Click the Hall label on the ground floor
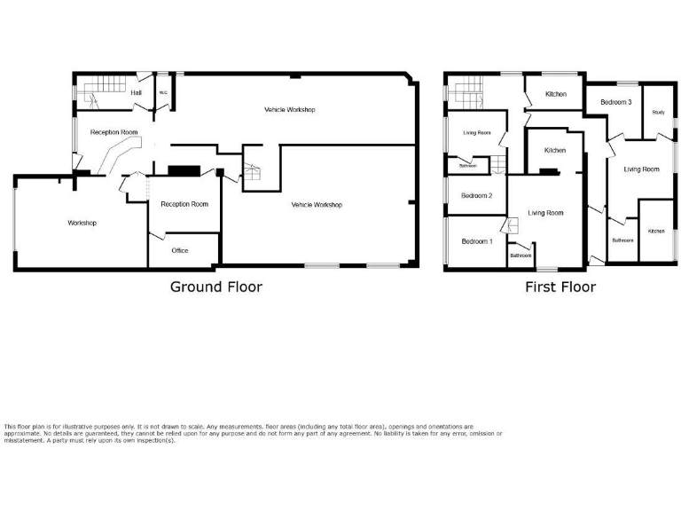pyautogui.click(x=137, y=92)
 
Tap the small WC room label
pyautogui.click(x=163, y=92)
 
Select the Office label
pyautogui.click(x=180, y=251)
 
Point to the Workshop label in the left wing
pyautogui.click(x=82, y=223)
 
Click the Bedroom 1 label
pyautogui.click(x=476, y=241)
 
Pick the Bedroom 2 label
pyautogui.click(x=476, y=196)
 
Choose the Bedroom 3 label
pyautogui.click(x=615, y=102)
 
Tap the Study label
pyautogui.click(x=658, y=113)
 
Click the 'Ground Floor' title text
pyautogui.click(x=216, y=287)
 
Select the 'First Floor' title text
pyautogui.click(x=560, y=287)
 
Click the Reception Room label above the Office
pyautogui.click(x=184, y=204)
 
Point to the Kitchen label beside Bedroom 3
pyautogui.click(x=556, y=94)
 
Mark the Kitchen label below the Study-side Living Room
pyautogui.click(x=656, y=232)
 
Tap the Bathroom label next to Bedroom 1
pyautogui.click(x=521, y=255)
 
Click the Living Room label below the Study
pyautogui.click(x=642, y=169)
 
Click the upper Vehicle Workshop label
pyautogui.click(x=290, y=109)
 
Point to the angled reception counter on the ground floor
pyautogui.click(x=113, y=159)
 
